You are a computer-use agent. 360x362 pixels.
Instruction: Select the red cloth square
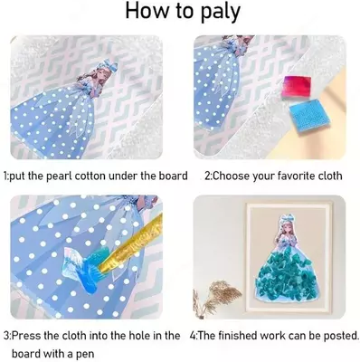click(x=297, y=87)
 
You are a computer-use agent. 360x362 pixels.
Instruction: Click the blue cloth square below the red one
click(x=305, y=115)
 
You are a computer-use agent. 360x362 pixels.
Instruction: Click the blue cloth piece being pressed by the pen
click(x=81, y=266)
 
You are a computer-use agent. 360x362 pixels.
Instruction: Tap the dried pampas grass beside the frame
click(x=216, y=297)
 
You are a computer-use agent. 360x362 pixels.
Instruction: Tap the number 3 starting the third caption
click(x=6, y=336)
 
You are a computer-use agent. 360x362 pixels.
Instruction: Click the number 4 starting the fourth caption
click(x=193, y=336)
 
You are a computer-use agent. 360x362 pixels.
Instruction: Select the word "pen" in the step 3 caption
click(x=86, y=354)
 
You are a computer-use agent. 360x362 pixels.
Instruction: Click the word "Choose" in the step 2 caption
click(x=231, y=176)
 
